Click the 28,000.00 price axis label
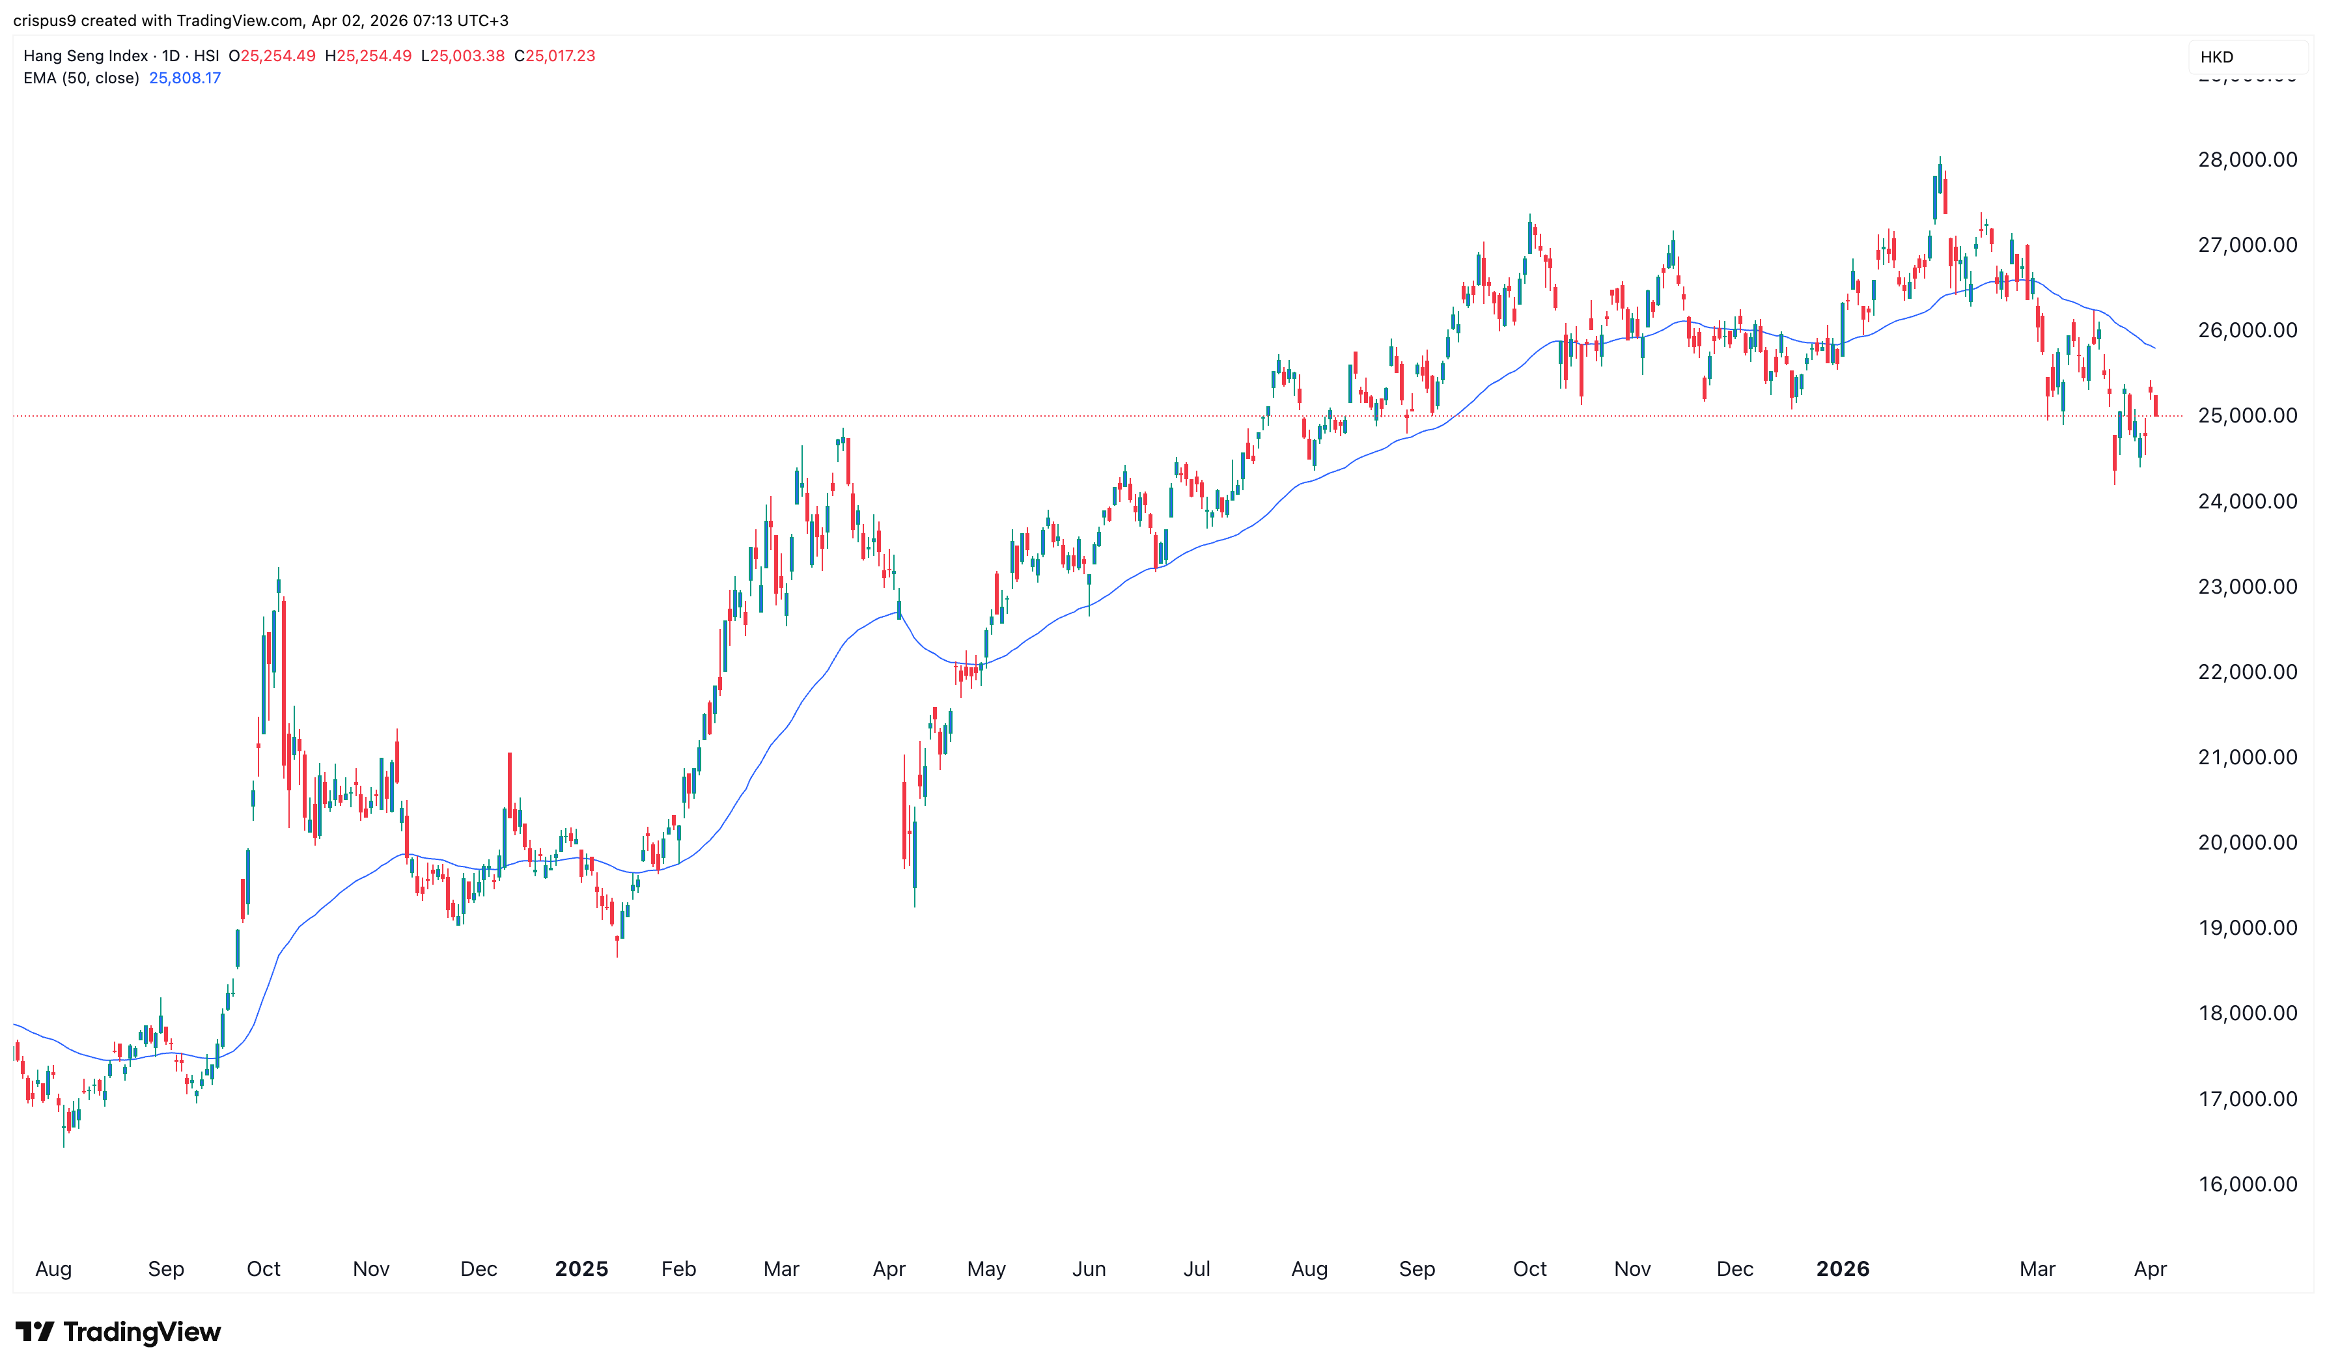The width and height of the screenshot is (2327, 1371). click(2247, 160)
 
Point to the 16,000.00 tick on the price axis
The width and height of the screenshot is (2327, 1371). click(2247, 1184)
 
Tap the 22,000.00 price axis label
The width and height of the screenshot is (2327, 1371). click(2247, 672)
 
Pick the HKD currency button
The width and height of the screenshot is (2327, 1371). click(2216, 57)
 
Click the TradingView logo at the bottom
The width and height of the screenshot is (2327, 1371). click(118, 1331)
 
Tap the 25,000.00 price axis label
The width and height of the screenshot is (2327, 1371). click(2247, 416)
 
